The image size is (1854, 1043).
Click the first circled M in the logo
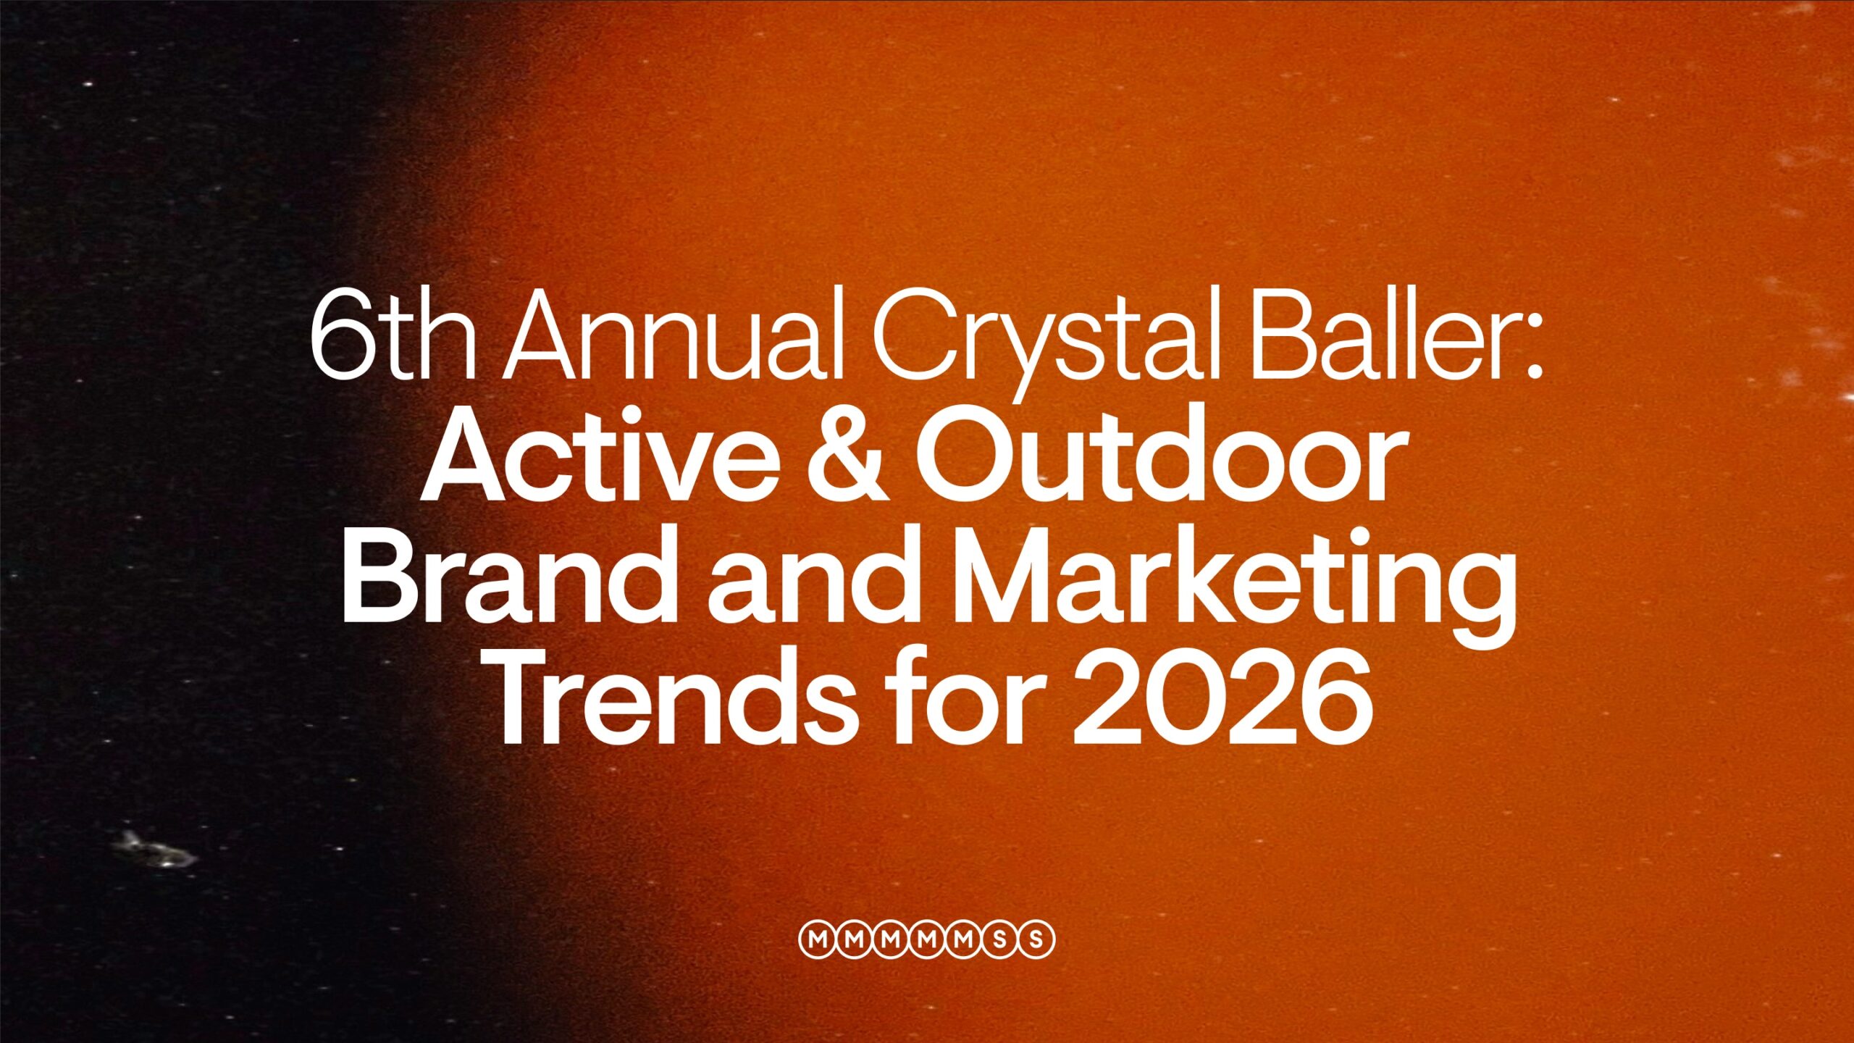click(x=817, y=940)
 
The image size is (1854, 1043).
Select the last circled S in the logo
click(x=1036, y=940)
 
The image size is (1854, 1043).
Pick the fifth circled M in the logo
click(x=963, y=940)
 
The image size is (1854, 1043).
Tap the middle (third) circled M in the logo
click(x=890, y=940)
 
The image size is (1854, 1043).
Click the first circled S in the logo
click(x=1000, y=940)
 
